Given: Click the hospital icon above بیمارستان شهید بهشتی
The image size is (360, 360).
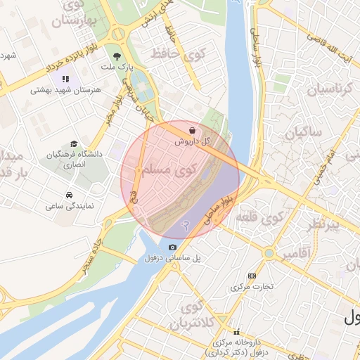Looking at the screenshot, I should (66, 79).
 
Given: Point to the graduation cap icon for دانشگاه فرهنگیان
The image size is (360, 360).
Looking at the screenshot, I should (75, 143).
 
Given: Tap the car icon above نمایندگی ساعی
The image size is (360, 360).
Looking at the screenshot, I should (69, 195).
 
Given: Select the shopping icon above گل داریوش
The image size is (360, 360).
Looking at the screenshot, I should (193, 129).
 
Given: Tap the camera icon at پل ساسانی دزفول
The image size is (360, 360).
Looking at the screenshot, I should (173, 247).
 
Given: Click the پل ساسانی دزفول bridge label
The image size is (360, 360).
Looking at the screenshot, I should (173, 258).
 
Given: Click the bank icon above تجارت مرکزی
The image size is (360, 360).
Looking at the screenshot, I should (252, 275).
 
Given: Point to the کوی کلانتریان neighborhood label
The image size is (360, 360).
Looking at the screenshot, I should (193, 316).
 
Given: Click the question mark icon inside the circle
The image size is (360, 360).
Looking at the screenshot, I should (186, 225).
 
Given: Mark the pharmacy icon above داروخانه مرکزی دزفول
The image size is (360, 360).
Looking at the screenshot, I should (237, 331).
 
